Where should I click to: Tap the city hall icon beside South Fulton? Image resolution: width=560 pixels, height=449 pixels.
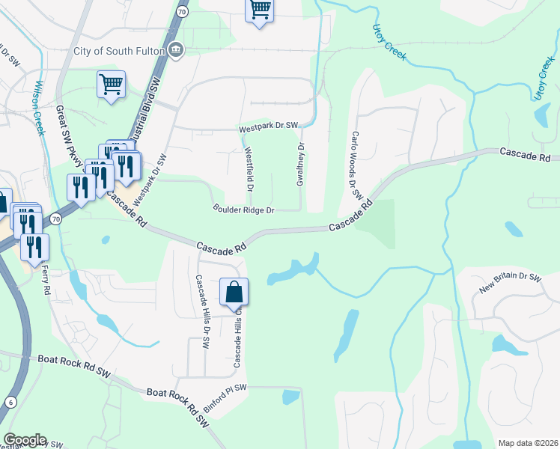coord(176,51)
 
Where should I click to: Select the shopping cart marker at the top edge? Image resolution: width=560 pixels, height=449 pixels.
coord(259,10)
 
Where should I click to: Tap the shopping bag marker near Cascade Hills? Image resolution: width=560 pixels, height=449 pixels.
coord(234,291)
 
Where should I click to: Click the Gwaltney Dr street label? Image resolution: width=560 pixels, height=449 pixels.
coord(301,165)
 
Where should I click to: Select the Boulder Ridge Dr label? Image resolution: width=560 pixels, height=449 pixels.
coord(244,210)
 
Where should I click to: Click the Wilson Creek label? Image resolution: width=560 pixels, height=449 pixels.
coord(40,108)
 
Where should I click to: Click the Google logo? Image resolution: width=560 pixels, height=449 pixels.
coord(25,440)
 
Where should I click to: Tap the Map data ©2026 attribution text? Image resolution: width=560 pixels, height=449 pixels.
coord(528,443)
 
